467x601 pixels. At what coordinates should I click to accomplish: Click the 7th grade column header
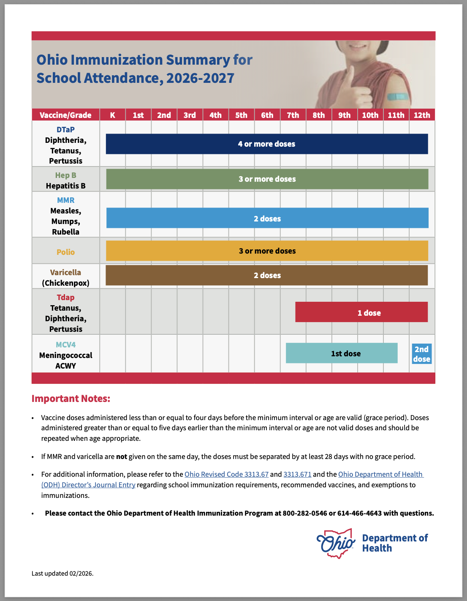pyautogui.click(x=293, y=115)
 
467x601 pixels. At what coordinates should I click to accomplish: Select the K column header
pyautogui.click(x=112, y=115)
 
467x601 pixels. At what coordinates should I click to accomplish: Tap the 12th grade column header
pyautogui.click(x=421, y=115)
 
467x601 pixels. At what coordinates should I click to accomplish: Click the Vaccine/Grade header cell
pyautogui.click(x=65, y=115)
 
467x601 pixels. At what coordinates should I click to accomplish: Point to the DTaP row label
pyautogui.click(x=65, y=130)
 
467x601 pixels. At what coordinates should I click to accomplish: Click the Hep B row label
pyautogui.click(x=65, y=175)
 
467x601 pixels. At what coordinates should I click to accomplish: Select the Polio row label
pyautogui.click(x=65, y=252)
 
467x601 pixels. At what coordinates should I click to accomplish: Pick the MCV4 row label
pyautogui.click(x=65, y=345)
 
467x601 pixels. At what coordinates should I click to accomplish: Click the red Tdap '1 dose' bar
pyautogui.click(x=361, y=312)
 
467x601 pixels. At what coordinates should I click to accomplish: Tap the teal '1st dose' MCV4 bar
pyautogui.click(x=342, y=353)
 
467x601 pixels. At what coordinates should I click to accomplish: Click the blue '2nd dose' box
pyautogui.click(x=421, y=354)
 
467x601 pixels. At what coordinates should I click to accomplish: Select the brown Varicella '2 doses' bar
pyautogui.click(x=266, y=276)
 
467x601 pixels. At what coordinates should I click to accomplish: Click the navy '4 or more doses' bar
pyautogui.click(x=266, y=144)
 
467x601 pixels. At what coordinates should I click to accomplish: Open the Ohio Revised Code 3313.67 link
pyautogui.click(x=226, y=474)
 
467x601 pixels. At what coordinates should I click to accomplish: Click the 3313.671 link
pyautogui.click(x=297, y=474)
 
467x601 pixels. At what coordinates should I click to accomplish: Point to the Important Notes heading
pyautogui.click(x=71, y=399)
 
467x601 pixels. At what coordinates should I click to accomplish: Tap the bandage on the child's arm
pyautogui.click(x=397, y=96)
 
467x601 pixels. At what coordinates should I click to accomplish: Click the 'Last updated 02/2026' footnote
pyautogui.click(x=62, y=574)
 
